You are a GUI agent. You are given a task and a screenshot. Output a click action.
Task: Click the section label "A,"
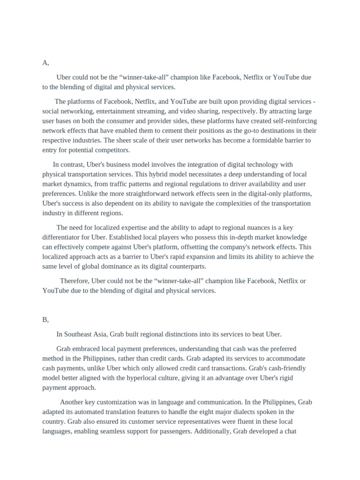click(45, 63)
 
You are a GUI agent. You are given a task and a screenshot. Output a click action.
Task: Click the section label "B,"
click(45, 320)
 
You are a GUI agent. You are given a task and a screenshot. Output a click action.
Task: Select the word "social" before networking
click(52, 112)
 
